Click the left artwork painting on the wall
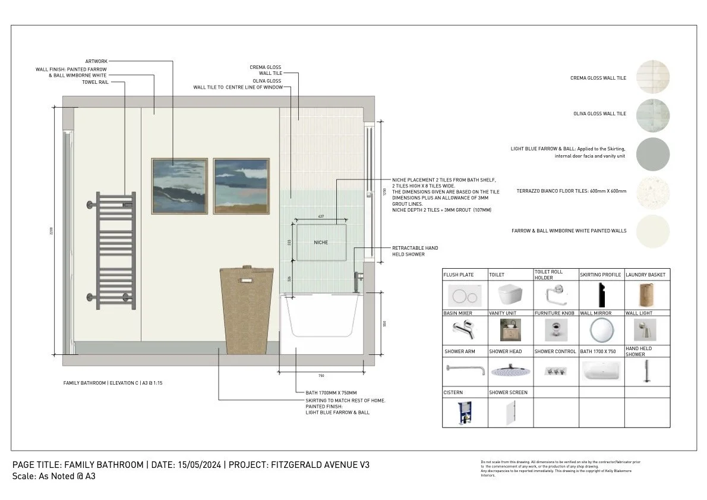[179, 185]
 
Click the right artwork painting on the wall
[241, 185]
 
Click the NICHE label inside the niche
[321, 243]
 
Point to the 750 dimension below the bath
[321, 376]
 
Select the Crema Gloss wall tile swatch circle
[653, 77]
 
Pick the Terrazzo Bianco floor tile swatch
[653, 191]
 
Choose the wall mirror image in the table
[601, 329]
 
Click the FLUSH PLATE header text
[459, 275]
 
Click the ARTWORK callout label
[96, 61]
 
